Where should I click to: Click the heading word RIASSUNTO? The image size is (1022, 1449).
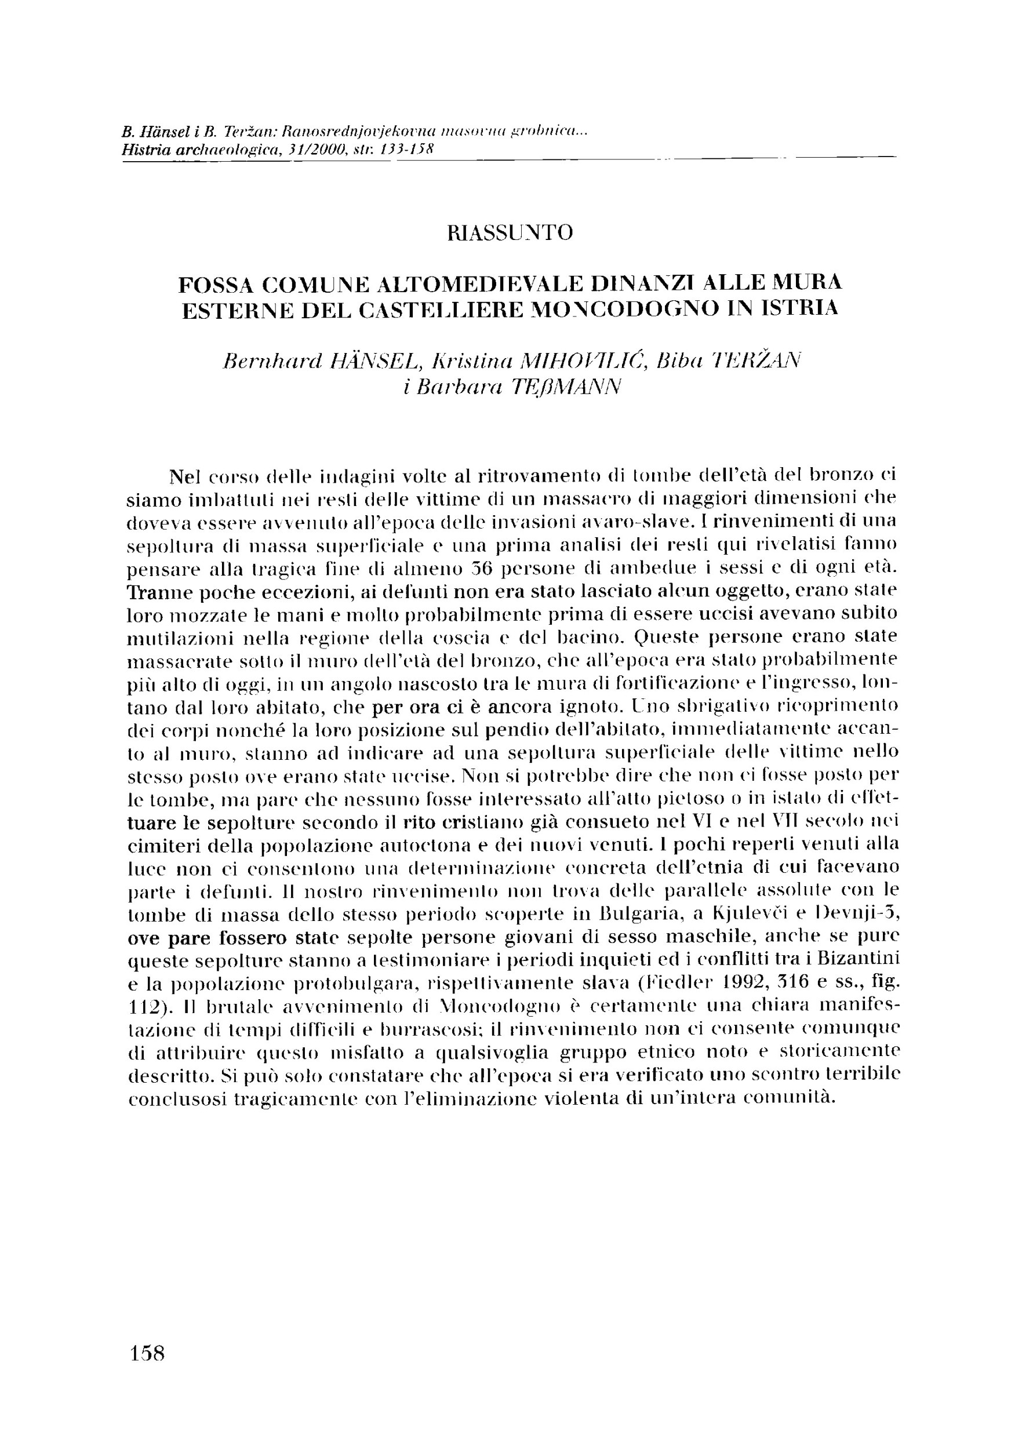[x=510, y=233]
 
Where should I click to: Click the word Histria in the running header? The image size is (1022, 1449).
[x=142, y=150]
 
